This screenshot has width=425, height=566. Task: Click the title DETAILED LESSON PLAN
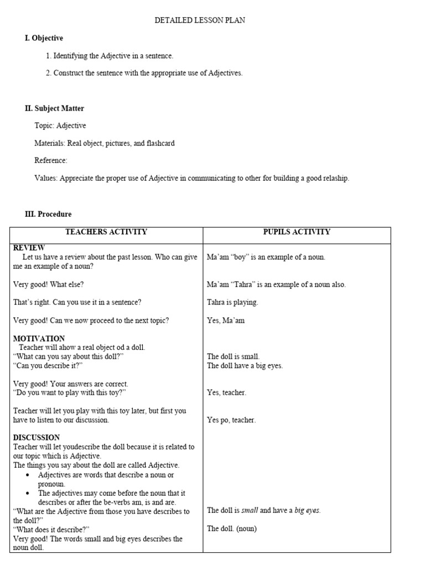[x=199, y=20]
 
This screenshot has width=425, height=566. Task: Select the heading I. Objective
[x=44, y=38]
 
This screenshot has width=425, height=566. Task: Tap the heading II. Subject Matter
[x=54, y=108]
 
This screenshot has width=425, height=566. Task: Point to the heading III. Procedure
[x=48, y=214]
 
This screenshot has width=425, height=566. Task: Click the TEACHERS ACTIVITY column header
[x=106, y=232]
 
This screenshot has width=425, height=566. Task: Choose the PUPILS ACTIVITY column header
[x=296, y=232]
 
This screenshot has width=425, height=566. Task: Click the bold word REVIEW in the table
[x=29, y=248]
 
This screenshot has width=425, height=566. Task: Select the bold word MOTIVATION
[x=39, y=338]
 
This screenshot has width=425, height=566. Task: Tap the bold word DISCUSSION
[x=37, y=437]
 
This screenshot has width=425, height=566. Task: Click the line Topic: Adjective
[x=60, y=125]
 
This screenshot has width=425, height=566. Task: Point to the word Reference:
[x=51, y=160]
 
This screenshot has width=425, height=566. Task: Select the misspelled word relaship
[x=334, y=178]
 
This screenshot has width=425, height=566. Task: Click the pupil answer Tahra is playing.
[x=232, y=302]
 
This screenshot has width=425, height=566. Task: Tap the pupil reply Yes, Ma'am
[x=226, y=321]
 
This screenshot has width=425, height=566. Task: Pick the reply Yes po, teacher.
[x=231, y=420]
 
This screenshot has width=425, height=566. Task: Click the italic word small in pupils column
[x=250, y=510]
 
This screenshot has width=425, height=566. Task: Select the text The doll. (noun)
[x=232, y=528]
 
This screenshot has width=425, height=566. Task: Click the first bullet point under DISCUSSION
[x=27, y=475]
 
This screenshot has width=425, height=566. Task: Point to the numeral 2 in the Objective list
[x=48, y=73]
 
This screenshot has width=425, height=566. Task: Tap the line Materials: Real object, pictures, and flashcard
[x=105, y=143]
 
